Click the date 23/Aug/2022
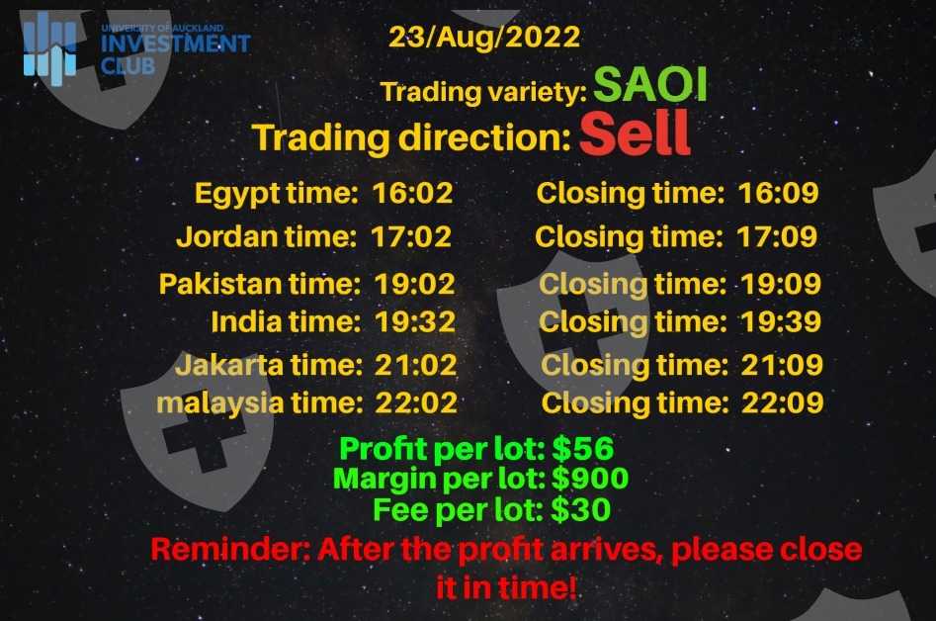point(484,37)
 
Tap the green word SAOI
point(650,84)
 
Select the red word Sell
point(635,133)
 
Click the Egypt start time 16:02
point(412,193)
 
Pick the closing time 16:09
point(779,193)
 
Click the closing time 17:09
point(777,236)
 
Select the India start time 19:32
point(415,321)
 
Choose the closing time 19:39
point(781,321)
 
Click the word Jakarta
point(229,365)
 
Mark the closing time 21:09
point(782,365)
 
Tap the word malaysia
point(219,403)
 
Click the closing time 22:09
point(783,403)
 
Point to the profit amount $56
point(582,448)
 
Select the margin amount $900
point(590,479)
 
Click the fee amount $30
point(580,510)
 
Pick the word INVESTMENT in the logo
point(176,44)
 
